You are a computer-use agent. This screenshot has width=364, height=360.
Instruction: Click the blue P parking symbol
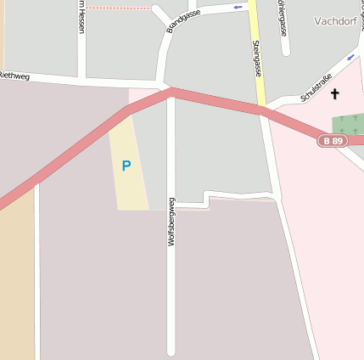coord(126,166)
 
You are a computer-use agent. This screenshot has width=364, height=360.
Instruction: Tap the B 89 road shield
coord(333,140)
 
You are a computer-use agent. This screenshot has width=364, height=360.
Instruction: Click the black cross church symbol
coord(334,93)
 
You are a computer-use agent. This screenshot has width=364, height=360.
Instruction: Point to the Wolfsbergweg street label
coord(171,222)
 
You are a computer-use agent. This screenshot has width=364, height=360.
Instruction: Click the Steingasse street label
coord(255,57)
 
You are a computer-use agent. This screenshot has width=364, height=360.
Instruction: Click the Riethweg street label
coord(14,76)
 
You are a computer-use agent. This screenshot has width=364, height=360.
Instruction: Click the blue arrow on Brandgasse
coord(238,8)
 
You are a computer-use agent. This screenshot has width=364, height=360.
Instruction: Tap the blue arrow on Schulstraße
coord(351,58)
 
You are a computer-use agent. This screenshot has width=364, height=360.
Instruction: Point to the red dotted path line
coord(119,8)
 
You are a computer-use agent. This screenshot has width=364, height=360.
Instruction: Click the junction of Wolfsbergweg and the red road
coord(171,91)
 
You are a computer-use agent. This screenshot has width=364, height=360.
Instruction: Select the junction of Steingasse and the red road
coord(261,108)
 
